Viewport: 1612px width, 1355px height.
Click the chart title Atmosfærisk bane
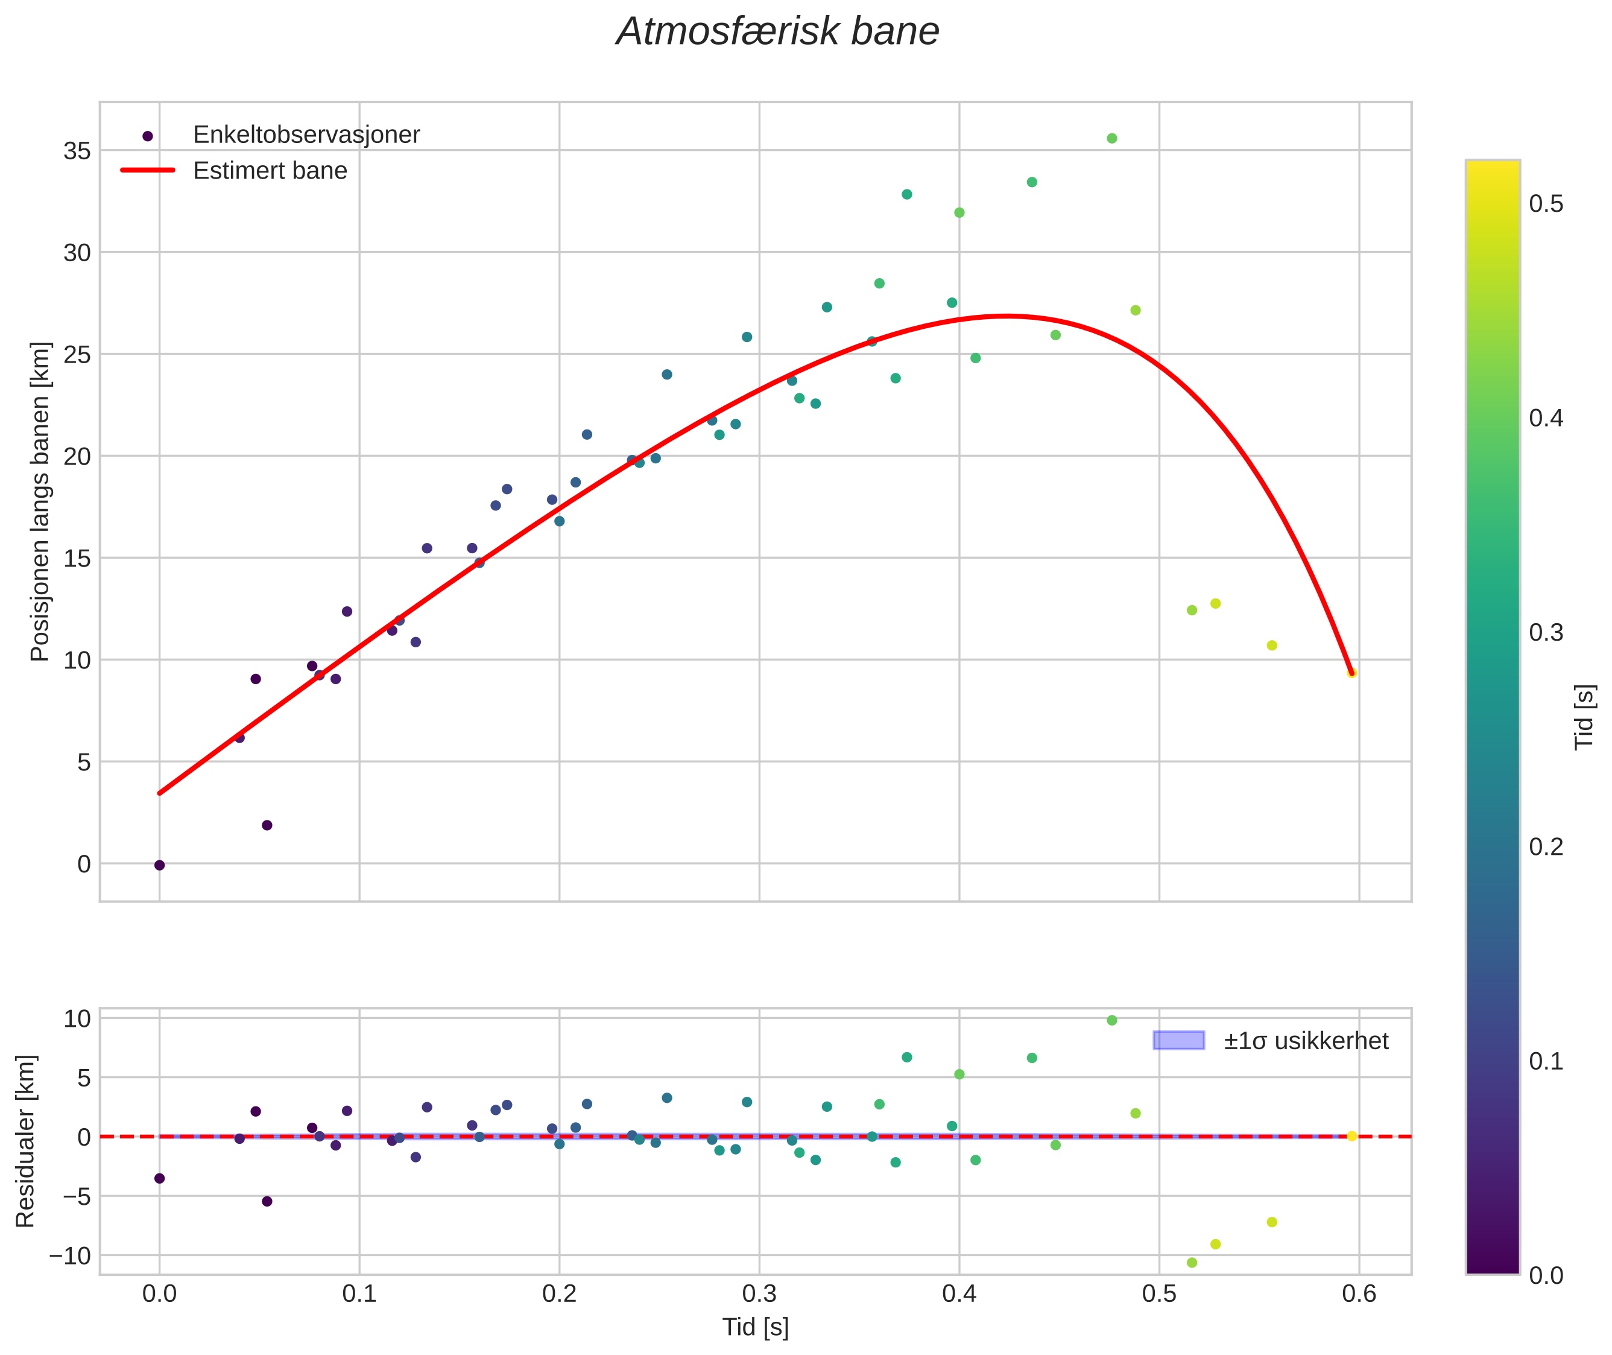coord(777,31)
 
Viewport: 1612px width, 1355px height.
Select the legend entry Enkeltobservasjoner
coord(306,135)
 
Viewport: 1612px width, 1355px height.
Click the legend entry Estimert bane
coord(270,171)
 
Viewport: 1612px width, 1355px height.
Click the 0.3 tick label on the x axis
coord(759,1294)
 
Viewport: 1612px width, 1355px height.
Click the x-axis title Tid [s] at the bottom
coord(756,1327)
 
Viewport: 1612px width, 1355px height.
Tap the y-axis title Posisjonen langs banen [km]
coord(40,501)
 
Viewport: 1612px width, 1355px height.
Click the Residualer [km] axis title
coord(25,1141)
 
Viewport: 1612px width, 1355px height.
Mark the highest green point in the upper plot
coord(1111,138)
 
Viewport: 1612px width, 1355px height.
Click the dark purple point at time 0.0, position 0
coord(160,865)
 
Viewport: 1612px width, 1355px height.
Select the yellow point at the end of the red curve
coord(1351,673)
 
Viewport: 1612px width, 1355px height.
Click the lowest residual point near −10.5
coord(1192,1262)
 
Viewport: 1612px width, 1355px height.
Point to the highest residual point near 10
coord(1111,1020)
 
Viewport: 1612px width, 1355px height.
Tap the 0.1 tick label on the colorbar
coord(1546,1061)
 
